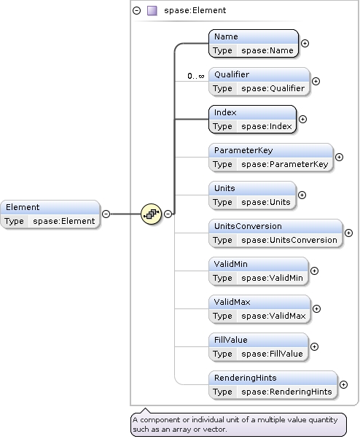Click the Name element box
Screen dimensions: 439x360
click(x=254, y=43)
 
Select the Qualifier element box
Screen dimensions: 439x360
click(x=259, y=81)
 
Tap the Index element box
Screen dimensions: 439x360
click(x=252, y=119)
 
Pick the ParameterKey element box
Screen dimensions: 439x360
click(x=270, y=157)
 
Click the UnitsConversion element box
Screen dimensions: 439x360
click(x=275, y=233)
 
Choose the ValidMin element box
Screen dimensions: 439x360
click(x=259, y=271)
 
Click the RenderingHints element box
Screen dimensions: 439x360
click(x=273, y=384)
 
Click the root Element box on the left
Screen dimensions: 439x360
click(x=50, y=214)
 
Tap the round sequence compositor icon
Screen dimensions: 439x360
click(x=150, y=214)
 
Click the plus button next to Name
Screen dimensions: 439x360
click(x=305, y=43)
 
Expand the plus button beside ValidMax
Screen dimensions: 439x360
click(x=316, y=309)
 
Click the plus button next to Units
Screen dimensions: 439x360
click(x=302, y=195)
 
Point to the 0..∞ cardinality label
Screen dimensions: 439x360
click(x=195, y=76)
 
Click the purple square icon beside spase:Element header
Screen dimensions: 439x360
click(x=152, y=11)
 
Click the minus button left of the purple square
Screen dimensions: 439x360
click(x=137, y=11)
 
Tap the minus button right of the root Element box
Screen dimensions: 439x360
click(x=106, y=214)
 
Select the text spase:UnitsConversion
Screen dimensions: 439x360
click(x=289, y=240)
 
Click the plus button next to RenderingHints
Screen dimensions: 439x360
click(x=344, y=385)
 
